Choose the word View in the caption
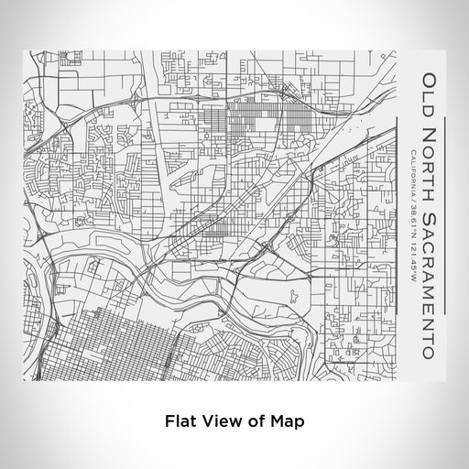point(221,422)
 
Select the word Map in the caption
point(286,422)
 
